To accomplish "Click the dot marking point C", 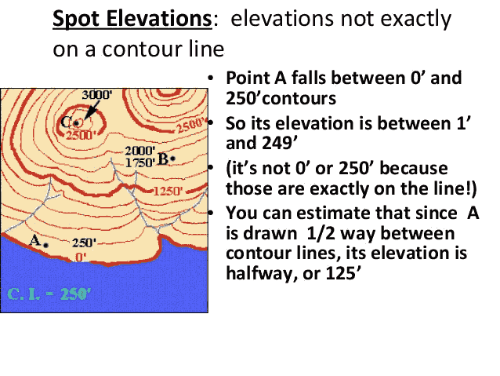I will [77, 123].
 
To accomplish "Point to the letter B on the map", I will [163, 158].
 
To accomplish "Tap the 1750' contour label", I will [139, 162].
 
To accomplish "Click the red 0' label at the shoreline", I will [80, 257].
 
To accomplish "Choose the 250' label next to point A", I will [83, 243].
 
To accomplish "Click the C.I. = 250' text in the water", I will [50, 295].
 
